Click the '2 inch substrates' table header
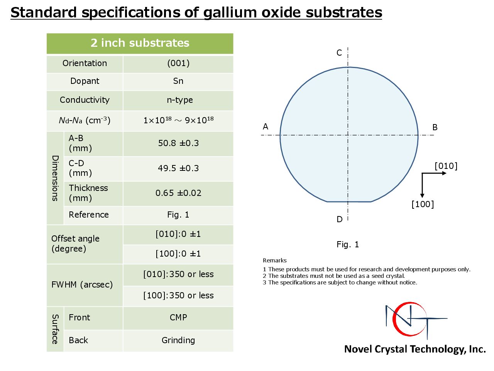coord(140,43)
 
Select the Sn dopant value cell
coord(178,81)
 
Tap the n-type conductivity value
coord(180,100)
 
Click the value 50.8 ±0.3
coord(178,143)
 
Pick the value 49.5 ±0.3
coord(178,168)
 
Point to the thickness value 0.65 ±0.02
coord(178,193)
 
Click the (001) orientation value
coord(178,63)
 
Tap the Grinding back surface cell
coord(178,340)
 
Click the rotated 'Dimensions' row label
coord(55,178)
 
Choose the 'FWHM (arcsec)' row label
coord(82,285)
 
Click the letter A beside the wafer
coord(266,127)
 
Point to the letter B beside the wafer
coord(435,128)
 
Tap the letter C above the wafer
coord(339,53)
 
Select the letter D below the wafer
coord(339,220)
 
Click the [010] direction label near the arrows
coord(446,166)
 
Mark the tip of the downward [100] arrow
coord(422,198)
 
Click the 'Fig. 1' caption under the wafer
coord(348,244)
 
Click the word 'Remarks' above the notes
coord(274,260)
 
